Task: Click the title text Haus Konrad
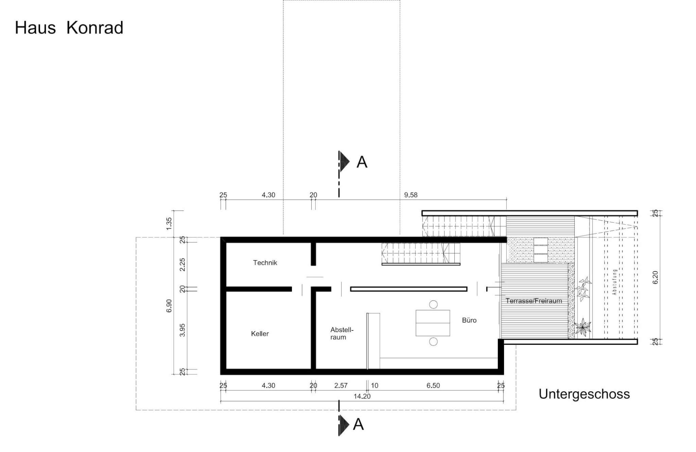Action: coord(69,28)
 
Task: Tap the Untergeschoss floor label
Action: coord(584,394)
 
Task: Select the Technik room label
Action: coord(265,263)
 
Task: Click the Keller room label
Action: coord(260,333)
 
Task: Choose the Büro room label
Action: coord(469,320)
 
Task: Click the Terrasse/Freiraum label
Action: coord(533,301)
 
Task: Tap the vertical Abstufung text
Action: coord(614,282)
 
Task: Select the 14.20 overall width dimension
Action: coord(362,396)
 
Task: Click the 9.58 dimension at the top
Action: coord(411,195)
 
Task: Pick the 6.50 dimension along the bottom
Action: coord(433,385)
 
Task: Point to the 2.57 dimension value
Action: coord(341,385)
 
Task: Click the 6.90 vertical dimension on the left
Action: coord(169,306)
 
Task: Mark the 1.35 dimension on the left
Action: coord(169,223)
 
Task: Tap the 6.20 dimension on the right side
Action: coord(656,277)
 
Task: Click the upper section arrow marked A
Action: coord(345,162)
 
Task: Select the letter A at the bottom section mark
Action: coord(359,424)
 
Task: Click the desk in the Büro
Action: coord(433,323)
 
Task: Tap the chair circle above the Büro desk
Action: coord(433,304)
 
